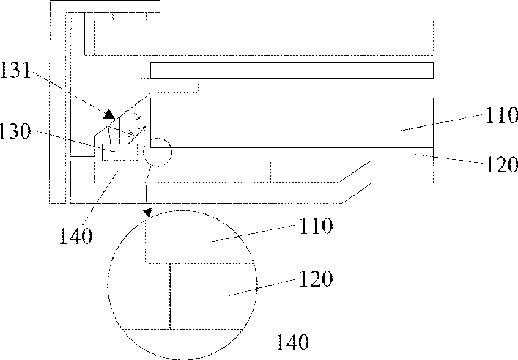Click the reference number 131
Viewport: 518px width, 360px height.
tap(15, 70)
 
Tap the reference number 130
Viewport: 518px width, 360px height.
tap(15, 131)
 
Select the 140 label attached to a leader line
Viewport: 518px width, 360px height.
tap(76, 236)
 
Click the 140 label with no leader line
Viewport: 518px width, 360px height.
tap(292, 342)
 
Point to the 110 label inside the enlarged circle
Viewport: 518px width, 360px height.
tap(316, 226)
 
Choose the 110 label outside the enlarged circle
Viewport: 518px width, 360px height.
tap(502, 115)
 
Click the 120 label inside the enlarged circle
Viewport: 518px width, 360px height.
tap(316, 279)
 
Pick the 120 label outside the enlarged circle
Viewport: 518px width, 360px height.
tap(502, 164)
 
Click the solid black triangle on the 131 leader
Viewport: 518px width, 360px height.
tap(109, 114)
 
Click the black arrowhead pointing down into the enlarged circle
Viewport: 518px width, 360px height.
tap(148, 213)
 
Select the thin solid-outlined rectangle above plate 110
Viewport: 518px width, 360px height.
tap(292, 70)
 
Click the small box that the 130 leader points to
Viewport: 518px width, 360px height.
tap(119, 152)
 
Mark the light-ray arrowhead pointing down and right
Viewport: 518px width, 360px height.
tap(131, 134)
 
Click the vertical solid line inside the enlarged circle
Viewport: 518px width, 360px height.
tap(170, 296)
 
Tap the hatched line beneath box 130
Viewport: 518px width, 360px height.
tap(120, 161)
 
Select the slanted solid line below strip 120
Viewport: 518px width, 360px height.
tap(355, 172)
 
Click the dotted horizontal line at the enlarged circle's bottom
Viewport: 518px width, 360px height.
tap(182, 329)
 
